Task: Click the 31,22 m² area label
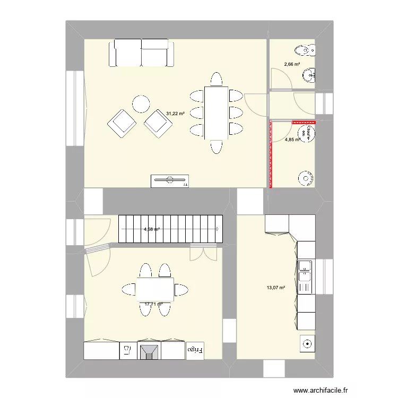click(175, 114)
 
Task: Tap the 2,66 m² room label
click(292, 64)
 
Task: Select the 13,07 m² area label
click(276, 288)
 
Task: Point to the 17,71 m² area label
click(153, 304)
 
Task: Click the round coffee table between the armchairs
click(141, 103)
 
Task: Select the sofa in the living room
click(142, 54)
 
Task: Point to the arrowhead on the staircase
click(218, 229)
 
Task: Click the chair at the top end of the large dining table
click(215, 80)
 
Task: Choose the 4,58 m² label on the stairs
click(152, 229)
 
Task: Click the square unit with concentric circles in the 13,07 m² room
click(307, 344)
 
